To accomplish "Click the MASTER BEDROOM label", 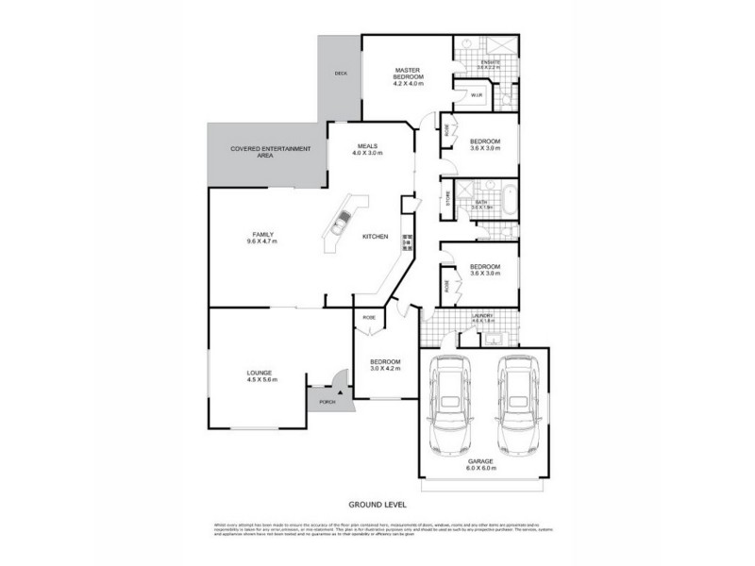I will [x=408, y=75].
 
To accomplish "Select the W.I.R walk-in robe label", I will [x=478, y=94].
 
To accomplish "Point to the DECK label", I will [x=341, y=73].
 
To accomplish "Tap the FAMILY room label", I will [x=262, y=238].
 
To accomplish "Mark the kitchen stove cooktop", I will [x=408, y=241].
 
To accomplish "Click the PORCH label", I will [x=327, y=401].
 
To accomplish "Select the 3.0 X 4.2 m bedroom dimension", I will [x=385, y=368].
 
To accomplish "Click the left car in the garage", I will [x=451, y=406].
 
